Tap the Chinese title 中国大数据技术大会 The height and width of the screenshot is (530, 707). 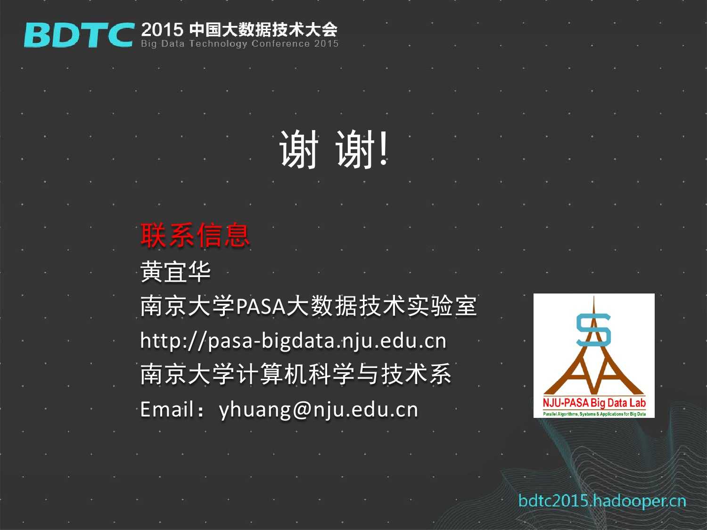(x=263, y=30)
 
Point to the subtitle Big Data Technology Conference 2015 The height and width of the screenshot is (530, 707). (x=239, y=44)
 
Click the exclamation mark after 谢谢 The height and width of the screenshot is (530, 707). (x=383, y=149)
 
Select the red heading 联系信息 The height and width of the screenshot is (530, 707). (x=195, y=235)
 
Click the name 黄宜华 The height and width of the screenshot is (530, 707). (x=175, y=272)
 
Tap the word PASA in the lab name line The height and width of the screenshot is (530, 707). (x=261, y=306)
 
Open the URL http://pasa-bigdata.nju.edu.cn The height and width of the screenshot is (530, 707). (x=294, y=341)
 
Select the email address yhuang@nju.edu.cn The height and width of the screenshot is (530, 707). (x=318, y=410)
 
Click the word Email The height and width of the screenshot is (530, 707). (x=167, y=409)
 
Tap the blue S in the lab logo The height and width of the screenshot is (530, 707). (x=593, y=330)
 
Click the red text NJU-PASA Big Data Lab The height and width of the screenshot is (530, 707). (x=594, y=403)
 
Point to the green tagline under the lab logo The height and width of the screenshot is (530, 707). (x=594, y=414)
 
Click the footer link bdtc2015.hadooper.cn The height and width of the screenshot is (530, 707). (x=602, y=501)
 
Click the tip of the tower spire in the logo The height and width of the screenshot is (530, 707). (x=594, y=296)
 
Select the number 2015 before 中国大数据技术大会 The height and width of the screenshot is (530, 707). (x=162, y=30)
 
